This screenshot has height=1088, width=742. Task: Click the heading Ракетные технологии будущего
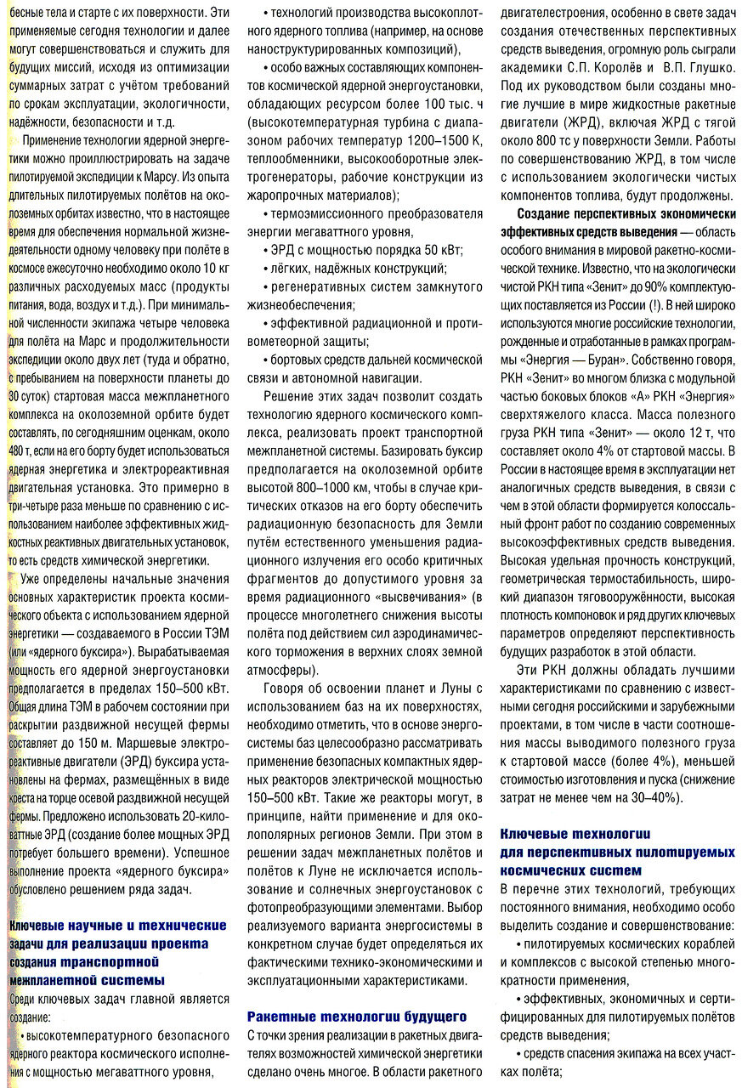click(357, 1015)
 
